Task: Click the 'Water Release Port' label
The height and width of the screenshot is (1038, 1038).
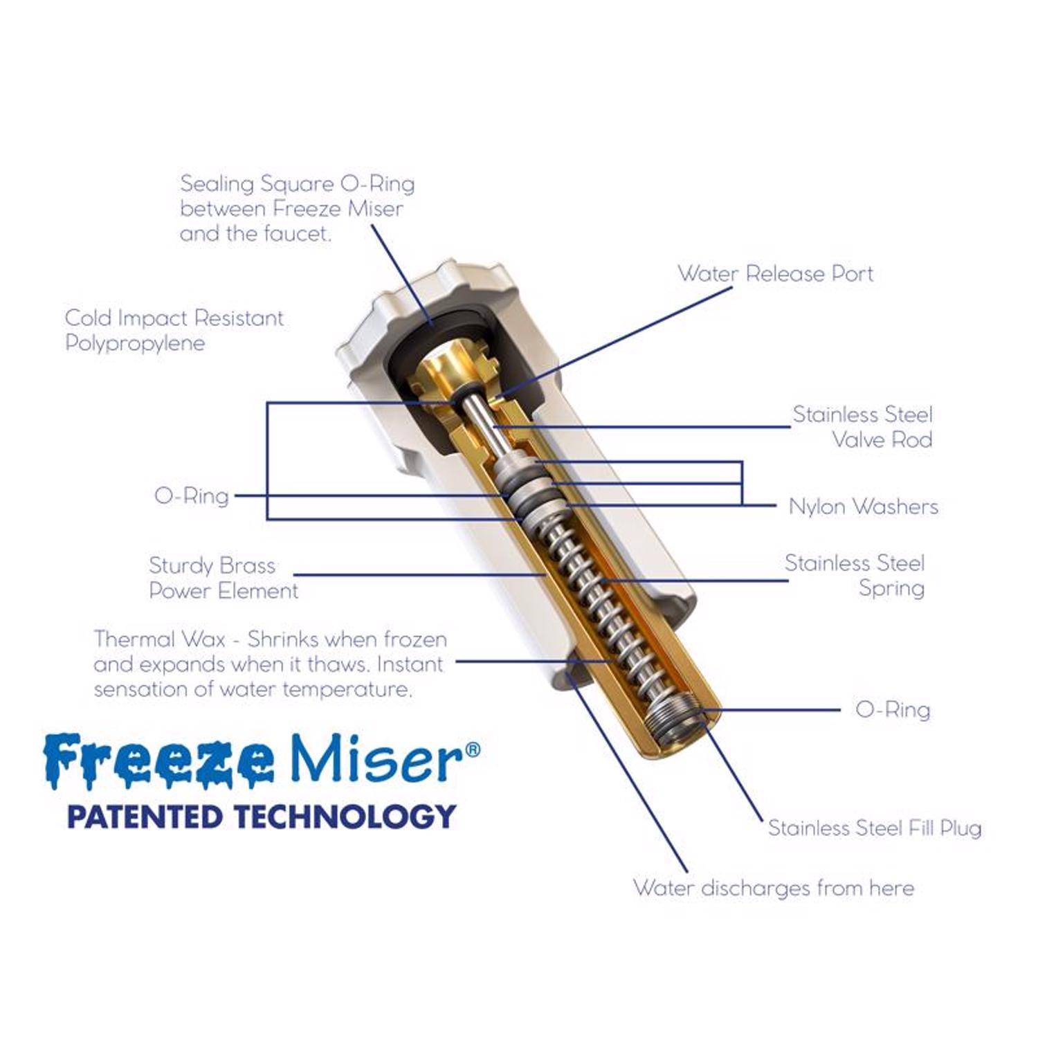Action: [x=775, y=274]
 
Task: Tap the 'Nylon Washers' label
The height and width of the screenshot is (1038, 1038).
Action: [x=863, y=507]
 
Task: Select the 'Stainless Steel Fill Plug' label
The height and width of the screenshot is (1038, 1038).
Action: [x=875, y=828]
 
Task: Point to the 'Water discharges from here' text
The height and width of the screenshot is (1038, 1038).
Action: [x=774, y=888]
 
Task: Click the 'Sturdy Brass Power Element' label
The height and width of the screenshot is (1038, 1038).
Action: [x=224, y=578]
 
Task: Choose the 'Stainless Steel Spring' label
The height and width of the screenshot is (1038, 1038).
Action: [x=855, y=575]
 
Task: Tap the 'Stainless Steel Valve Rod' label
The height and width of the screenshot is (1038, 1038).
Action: [x=863, y=427]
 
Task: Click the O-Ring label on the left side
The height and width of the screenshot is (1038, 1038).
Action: [x=192, y=495]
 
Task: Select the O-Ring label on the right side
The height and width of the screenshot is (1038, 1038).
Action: [x=893, y=709]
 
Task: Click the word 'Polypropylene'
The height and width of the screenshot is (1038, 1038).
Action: [x=135, y=343]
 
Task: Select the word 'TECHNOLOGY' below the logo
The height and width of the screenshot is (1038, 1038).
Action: [x=345, y=817]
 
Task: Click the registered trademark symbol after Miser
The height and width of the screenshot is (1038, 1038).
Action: [x=472, y=748]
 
